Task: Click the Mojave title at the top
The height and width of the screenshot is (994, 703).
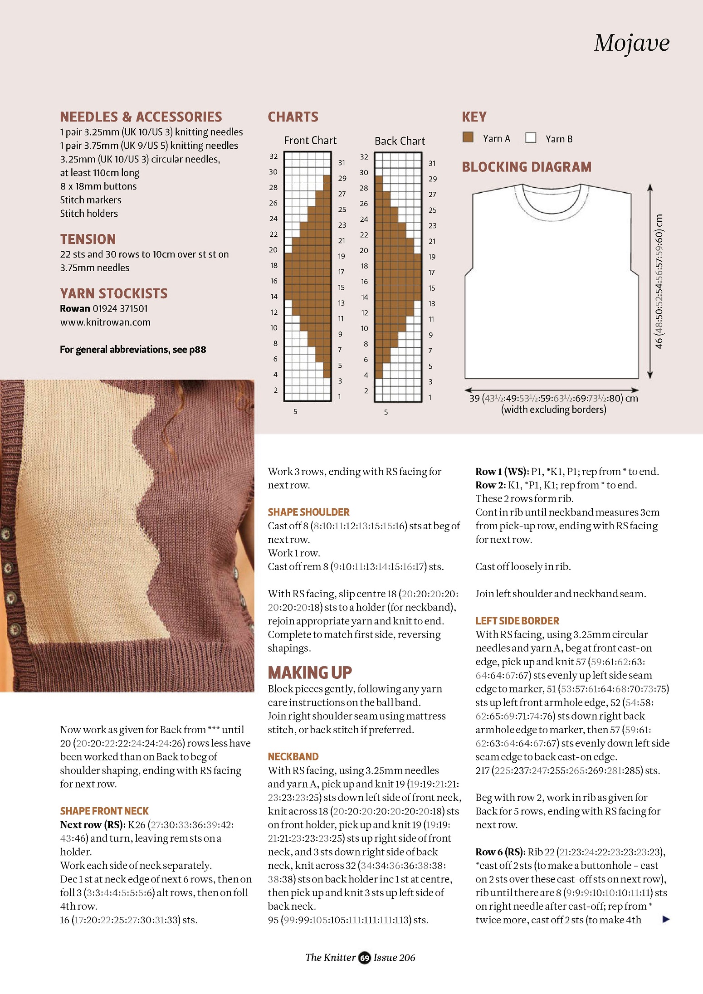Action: (x=631, y=44)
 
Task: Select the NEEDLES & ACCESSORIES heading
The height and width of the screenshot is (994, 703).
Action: (x=141, y=117)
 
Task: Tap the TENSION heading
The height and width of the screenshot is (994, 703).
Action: (x=88, y=239)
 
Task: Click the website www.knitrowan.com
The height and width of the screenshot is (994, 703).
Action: (x=105, y=322)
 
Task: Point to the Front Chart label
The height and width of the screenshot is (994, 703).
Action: (x=310, y=141)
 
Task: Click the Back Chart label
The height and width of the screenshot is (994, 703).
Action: (x=400, y=141)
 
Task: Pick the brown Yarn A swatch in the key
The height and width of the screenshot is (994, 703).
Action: (x=468, y=137)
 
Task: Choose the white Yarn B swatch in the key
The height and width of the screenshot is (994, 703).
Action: (x=531, y=138)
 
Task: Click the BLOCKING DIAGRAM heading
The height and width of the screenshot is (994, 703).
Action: (x=527, y=167)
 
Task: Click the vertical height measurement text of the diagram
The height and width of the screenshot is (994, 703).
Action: (x=659, y=281)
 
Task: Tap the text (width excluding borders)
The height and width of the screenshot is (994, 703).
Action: (x=553, y=409)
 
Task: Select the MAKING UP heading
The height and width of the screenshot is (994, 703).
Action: (x=310, y=672)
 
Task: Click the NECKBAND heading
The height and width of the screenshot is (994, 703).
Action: (x=293, y=756)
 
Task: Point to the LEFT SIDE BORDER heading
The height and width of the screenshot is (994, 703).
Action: (x=517, y=621)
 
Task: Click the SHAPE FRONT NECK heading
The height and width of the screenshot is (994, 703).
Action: (x=104, y=811)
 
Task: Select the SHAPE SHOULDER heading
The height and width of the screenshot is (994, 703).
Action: (x=308, y=512)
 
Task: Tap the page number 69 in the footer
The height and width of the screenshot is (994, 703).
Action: (x=365, y=957)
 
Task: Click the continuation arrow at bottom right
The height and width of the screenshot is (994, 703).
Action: (x=666, y=919)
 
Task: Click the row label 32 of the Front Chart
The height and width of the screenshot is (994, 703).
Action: (x=273, y=156)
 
